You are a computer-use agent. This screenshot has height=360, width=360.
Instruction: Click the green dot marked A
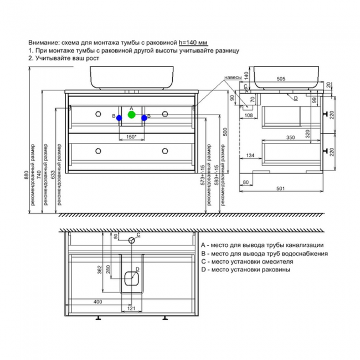(131, 115)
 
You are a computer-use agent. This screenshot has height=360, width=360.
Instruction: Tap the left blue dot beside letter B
(119, 117)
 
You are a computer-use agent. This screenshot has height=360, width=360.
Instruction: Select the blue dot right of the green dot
(144, 117)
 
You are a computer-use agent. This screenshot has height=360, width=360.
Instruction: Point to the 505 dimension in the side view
(281, 79)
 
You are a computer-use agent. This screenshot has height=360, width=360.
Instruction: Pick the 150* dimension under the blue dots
(131, 136)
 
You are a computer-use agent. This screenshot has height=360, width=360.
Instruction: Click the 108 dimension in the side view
(249, 115)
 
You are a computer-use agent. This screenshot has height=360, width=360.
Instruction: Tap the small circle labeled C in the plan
(132, 240)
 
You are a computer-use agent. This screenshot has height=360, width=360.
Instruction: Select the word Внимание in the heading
(44, 42)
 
